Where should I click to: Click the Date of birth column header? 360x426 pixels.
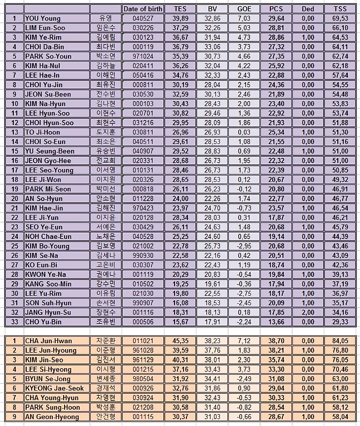click(x=143, y=8)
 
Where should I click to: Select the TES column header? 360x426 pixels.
click(x=180, y=8)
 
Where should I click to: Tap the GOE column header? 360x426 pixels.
click(x=244, y=8)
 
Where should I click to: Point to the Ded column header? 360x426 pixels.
click(x=307, y=8)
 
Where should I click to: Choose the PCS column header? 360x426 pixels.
click(x=276, y=8)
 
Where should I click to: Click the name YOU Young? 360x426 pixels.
click(x=43, y=18)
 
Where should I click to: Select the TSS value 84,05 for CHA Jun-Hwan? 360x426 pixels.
click(x=340, y=341)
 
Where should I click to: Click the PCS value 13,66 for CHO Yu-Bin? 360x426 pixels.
click(x=277, y=321)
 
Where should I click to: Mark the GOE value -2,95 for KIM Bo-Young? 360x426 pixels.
click(x=244, y=246)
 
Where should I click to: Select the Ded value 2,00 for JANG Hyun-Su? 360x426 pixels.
click(x=308, y=312)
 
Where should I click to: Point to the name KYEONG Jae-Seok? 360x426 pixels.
click(x=54, y=389)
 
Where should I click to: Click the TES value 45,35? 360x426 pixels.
click(x=180, y=341)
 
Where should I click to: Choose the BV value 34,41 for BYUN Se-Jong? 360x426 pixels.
click(x=213, y=379)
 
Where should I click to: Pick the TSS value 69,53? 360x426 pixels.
click(x=340, y=18)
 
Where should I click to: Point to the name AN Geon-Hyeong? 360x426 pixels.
click(x=51, y=417)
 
